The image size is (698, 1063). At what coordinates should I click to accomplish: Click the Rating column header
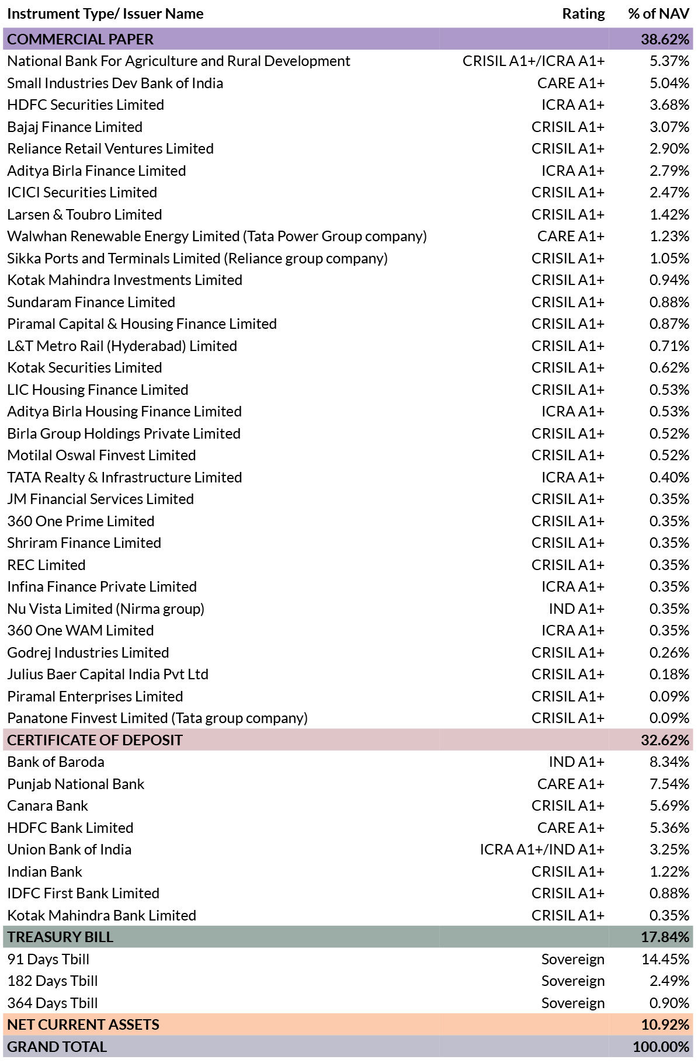584,14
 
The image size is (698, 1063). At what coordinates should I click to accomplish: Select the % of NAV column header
659,14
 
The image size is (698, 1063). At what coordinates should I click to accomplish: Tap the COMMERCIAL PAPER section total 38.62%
665,39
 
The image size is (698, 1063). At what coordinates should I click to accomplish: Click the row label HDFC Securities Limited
86,105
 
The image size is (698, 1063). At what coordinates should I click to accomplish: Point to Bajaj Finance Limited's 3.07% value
669,127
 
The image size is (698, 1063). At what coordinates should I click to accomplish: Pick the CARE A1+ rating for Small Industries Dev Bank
571,83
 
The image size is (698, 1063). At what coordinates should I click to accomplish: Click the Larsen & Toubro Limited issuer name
85,214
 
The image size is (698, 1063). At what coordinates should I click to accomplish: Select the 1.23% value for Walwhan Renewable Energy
669,237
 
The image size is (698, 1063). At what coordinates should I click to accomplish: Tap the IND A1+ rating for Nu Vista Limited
577,609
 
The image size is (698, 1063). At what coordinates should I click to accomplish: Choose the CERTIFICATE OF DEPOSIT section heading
95,740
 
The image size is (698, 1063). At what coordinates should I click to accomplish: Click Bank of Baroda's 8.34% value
669,762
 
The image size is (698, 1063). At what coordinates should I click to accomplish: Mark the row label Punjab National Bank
76,784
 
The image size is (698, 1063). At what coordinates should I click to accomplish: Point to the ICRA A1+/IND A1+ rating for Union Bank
543,850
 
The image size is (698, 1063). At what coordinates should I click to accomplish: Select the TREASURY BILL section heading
61,937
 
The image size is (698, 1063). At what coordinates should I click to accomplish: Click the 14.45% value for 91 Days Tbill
666,959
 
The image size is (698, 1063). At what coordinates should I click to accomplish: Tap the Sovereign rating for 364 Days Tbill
573,1003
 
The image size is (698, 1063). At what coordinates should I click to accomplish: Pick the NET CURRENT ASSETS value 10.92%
665,1024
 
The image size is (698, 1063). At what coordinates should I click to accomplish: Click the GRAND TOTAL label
57,1047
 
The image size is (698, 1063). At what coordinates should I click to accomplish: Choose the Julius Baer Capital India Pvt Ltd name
108,675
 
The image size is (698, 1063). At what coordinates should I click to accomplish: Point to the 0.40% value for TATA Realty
669,477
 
